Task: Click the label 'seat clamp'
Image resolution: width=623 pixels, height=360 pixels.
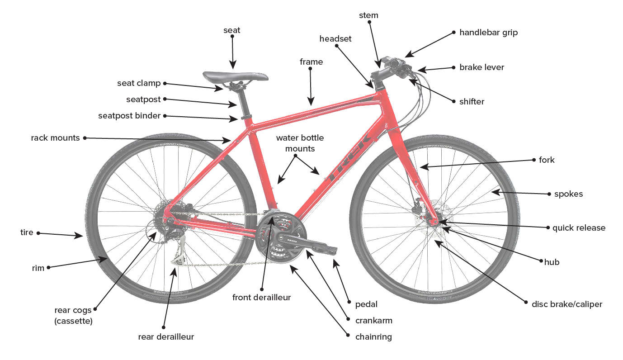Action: click(139, 83)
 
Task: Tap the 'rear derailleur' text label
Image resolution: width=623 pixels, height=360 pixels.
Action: click(166, 337)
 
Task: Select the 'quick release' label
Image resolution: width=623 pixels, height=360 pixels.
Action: click(578, 228)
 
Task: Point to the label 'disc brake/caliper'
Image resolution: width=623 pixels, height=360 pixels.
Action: click(566, 304)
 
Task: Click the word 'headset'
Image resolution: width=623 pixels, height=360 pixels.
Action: click(335, 39)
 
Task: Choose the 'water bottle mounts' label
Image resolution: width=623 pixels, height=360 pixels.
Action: click(300, 143)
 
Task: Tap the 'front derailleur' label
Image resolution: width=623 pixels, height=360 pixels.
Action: click(261, 298)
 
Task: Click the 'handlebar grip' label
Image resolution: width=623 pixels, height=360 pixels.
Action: click(488, 33)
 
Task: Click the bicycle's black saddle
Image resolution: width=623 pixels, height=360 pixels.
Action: click(235, 76)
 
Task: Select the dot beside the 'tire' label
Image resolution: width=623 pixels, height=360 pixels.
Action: click(38, 233)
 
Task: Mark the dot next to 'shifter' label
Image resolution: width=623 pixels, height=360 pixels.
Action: click(454, 101)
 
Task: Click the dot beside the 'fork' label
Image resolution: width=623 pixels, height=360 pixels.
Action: click(533, 160)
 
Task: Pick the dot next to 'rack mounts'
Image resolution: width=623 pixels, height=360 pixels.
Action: click(84, 138)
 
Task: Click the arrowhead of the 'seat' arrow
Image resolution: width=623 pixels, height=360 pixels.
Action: click(233, 67)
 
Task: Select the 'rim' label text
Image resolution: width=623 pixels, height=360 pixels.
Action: click(38, 268)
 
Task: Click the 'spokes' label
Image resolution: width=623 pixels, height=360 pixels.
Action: click(568, 194)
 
